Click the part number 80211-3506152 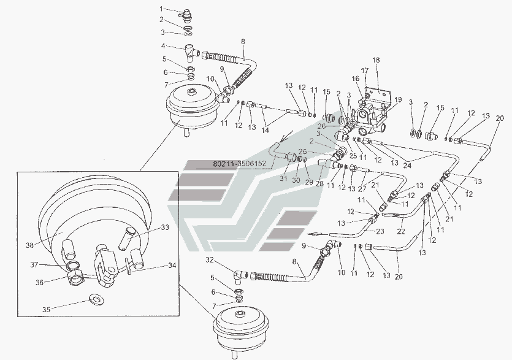tap(240, 164)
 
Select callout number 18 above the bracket tap(376, 60)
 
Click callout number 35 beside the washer tap(47, 309)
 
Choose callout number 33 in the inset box tap(165, 228)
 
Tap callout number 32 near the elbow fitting tap(210, 260)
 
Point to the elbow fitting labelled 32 tap(240, 276)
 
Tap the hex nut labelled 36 tap(76, 278)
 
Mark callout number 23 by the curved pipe tap(380, 231)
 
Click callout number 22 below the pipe tap(401, 231)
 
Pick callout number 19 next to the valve tap(398, 100)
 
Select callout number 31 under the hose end tap(283, 178)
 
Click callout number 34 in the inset tap(172, 266)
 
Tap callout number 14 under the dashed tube tap(265, 131)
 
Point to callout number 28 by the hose tap(319, 183)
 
